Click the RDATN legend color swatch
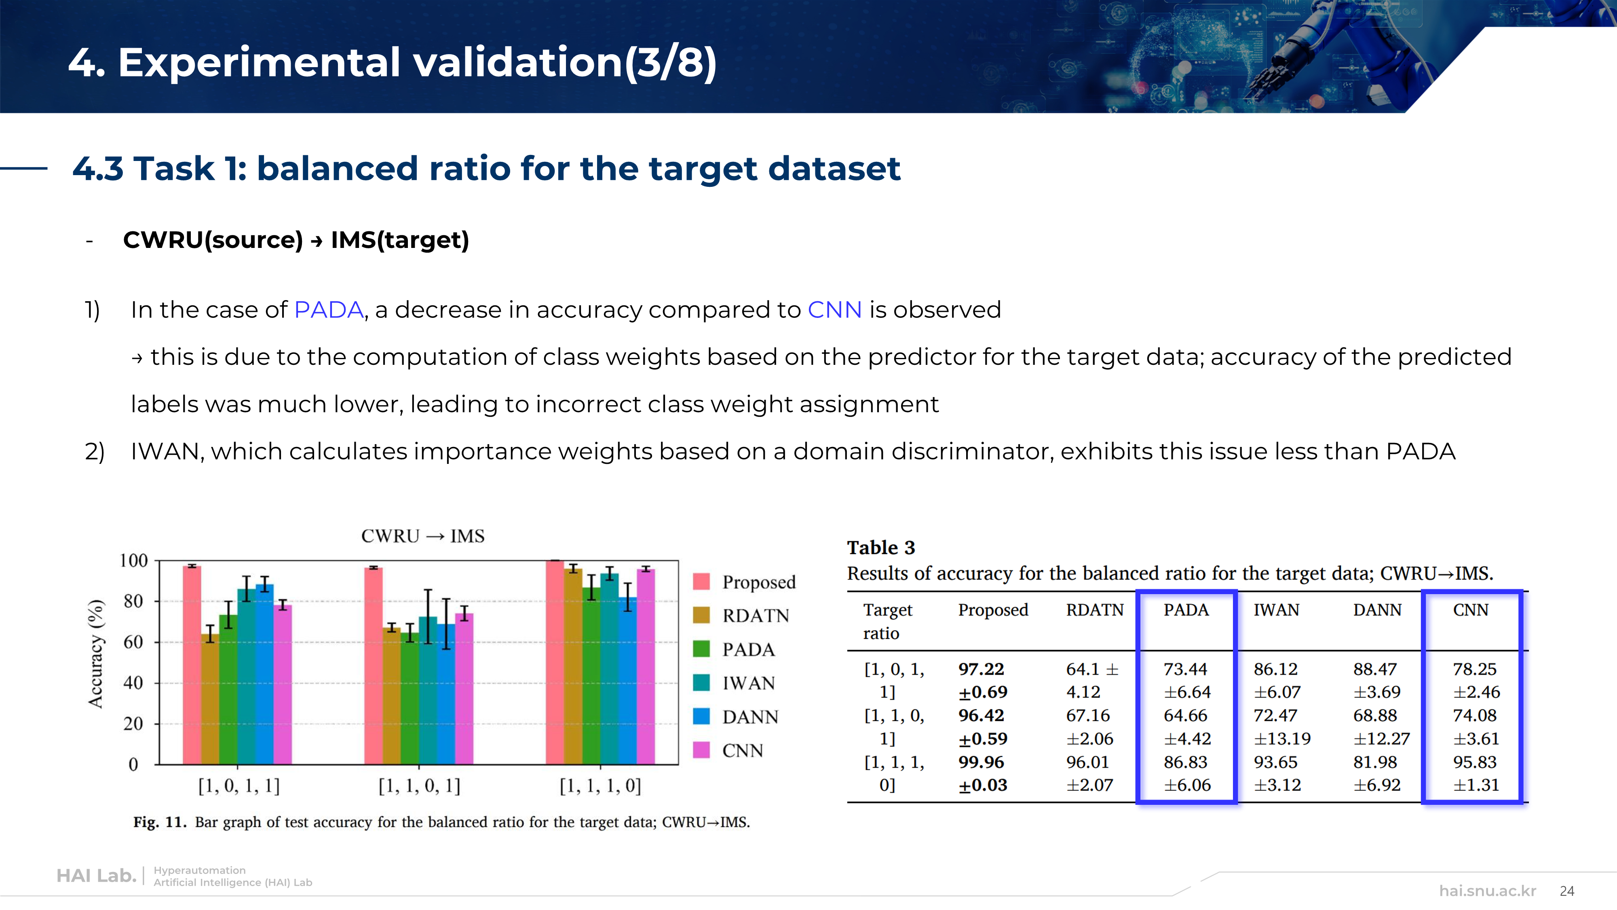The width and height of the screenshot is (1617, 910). pyautogui.click(x=701, y=615)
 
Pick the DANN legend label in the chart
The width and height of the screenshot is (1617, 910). pyautogui.click(x=750, y=717)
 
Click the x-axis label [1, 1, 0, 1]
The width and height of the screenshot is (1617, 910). pyautogui.click(x=419, y=786)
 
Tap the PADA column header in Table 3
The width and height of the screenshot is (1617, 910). pyautogui.click(x=1186, y=610)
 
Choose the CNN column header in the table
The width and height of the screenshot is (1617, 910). pyautogui.click(x=1471, y=610)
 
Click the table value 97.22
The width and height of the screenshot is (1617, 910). pyautogui.click(x=981, y=669)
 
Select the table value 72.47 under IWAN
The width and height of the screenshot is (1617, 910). pyautogui.click(x=1275, y=715)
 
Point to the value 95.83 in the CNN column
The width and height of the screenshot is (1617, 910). pyautogui.click(x=1475, y=762)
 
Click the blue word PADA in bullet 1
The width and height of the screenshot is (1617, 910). pyautogui.click(x=329, y=310)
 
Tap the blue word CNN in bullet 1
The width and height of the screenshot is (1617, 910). pyautogui.click(x=835, y=310)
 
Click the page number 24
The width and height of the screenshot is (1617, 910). pyautogui.click(x=1567, y=891)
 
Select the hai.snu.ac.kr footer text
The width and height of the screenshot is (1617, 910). pyautogui.click(x=1488, y=891)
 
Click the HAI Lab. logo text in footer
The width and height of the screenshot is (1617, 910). pyautogui.click(x=97, y=876)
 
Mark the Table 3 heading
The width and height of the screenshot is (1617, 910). pyautogui.click(x=881, y=548)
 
